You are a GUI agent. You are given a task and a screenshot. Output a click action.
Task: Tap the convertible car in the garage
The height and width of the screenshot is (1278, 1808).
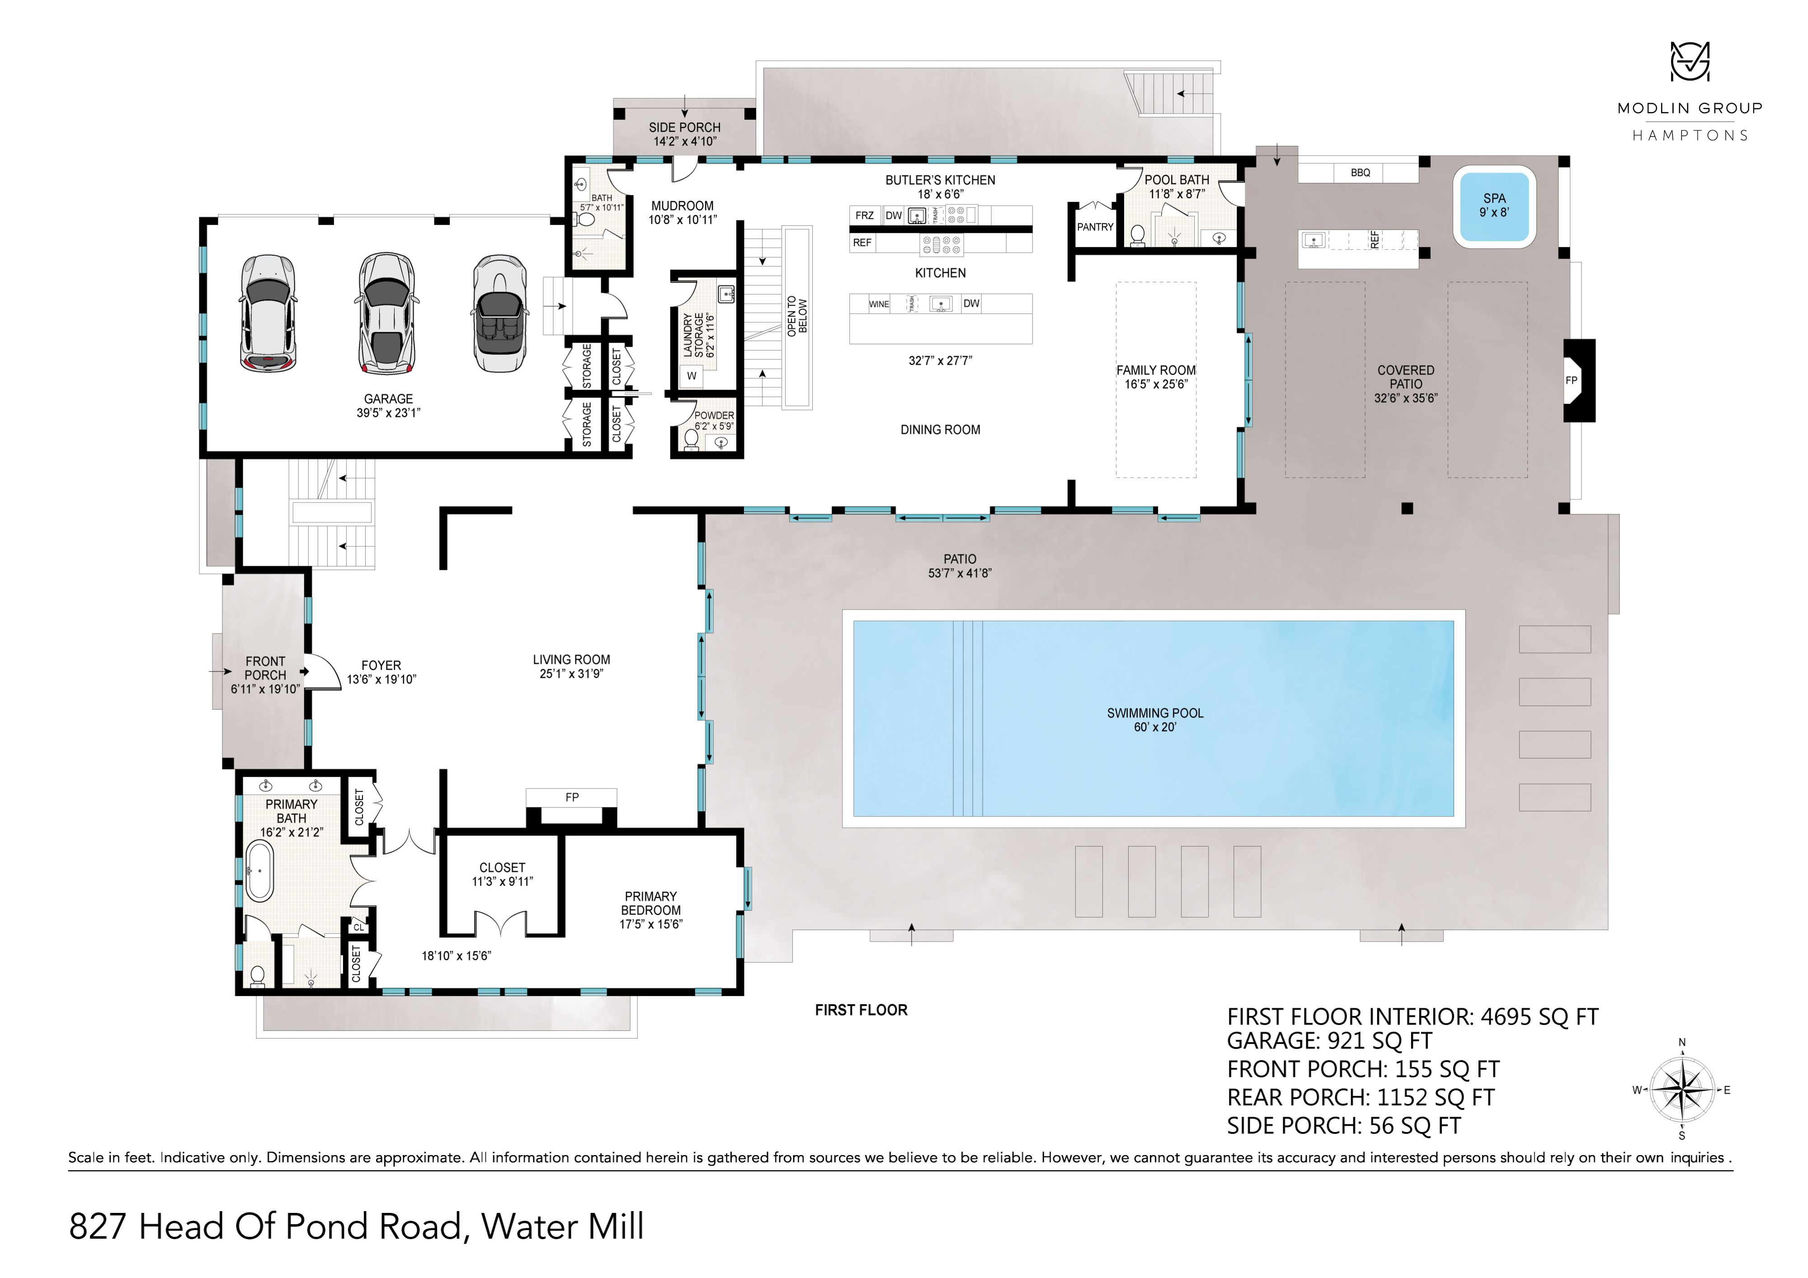(499, 313)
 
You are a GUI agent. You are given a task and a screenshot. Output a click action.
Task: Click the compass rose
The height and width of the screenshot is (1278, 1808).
(1681, 1090)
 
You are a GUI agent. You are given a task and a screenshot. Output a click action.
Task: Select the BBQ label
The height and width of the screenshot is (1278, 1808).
(1360, 173)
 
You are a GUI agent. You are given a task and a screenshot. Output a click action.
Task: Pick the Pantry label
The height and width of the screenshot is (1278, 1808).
(1095, 227)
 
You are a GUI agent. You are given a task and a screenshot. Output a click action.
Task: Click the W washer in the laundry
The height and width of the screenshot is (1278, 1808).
(692, 376)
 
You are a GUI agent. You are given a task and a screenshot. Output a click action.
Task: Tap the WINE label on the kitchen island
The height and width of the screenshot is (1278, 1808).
(879, 305)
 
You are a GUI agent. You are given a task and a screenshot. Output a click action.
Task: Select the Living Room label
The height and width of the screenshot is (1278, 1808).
(571, 660)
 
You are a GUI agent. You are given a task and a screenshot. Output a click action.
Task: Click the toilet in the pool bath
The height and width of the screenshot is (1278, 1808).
(1137, 235)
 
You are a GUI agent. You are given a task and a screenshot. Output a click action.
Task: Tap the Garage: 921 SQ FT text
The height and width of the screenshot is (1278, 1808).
(1329, 1041)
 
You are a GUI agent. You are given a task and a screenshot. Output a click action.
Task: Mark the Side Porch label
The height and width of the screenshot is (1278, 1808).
(684, 127)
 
